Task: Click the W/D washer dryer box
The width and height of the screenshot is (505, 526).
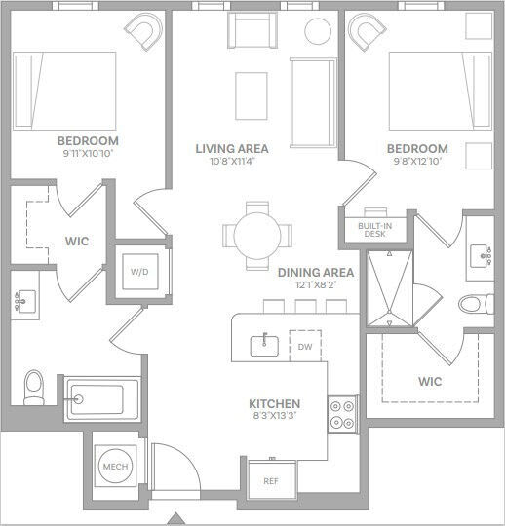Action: (140, 272)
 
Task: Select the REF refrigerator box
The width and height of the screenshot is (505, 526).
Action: (271, 480)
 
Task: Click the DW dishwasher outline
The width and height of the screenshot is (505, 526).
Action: (304, 346)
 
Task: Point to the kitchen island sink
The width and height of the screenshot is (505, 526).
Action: (262, 344)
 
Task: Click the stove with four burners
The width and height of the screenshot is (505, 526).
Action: (341, 414)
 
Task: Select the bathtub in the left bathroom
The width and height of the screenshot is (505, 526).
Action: (96, 399)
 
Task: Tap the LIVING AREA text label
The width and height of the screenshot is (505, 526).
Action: (231, 149)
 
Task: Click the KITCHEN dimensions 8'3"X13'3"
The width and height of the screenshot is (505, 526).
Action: (274, 417)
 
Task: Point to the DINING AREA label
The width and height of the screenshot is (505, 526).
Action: (315, 273)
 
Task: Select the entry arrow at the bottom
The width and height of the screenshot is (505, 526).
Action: (175, 517)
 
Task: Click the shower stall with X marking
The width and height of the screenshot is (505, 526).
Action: (388, 288)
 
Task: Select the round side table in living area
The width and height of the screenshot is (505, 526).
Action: (319, 31)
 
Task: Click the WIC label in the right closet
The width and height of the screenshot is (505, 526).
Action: (430, 381)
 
